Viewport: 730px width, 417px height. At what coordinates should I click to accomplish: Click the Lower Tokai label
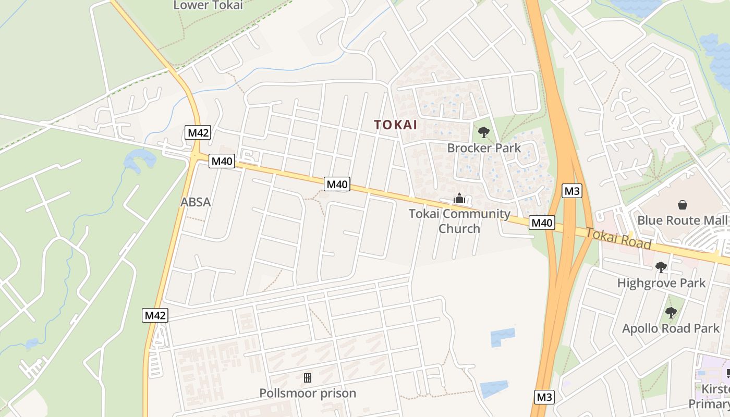click(x=208, y=5)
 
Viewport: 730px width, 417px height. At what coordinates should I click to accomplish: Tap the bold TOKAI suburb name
click(x=396, y=125)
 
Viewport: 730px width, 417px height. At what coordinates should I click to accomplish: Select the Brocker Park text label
click(x=484, y=148)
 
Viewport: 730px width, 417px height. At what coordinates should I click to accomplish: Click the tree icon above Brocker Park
click(x=484, y=132)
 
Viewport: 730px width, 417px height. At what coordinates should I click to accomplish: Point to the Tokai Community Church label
click(x=459, y=221)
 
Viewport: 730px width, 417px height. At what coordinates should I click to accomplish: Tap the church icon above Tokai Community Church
click(x=459, y=198)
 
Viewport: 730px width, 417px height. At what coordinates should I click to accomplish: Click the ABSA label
click(x=196, y=202)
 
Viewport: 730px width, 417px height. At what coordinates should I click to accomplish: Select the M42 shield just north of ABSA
click(x=198, y=132)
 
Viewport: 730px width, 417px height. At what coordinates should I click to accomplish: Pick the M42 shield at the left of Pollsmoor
click(x=155, y=315)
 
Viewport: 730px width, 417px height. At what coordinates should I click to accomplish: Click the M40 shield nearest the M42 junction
click(x=222, y=161)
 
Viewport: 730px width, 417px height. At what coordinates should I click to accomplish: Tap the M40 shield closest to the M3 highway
click(x=542, y=223)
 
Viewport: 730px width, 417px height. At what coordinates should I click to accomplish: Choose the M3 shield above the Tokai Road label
click(x=572, y=191)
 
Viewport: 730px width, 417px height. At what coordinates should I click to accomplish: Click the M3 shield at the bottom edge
click(x=544, y=397)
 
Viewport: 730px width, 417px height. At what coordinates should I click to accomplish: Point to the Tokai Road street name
click(x=618, y=238)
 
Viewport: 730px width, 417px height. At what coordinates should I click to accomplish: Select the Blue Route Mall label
click(x=682, y=220)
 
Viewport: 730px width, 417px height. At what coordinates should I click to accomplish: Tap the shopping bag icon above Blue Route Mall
click(x=682, y=205)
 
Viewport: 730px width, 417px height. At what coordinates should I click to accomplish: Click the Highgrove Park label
click(x=661, y=283)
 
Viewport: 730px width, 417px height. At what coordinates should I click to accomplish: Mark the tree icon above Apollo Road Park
click(x=671, y=313)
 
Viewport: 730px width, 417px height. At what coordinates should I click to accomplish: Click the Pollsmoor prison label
click(x=308, y=393)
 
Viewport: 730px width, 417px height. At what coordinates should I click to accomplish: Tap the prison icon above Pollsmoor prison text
click(x=308, y=377)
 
